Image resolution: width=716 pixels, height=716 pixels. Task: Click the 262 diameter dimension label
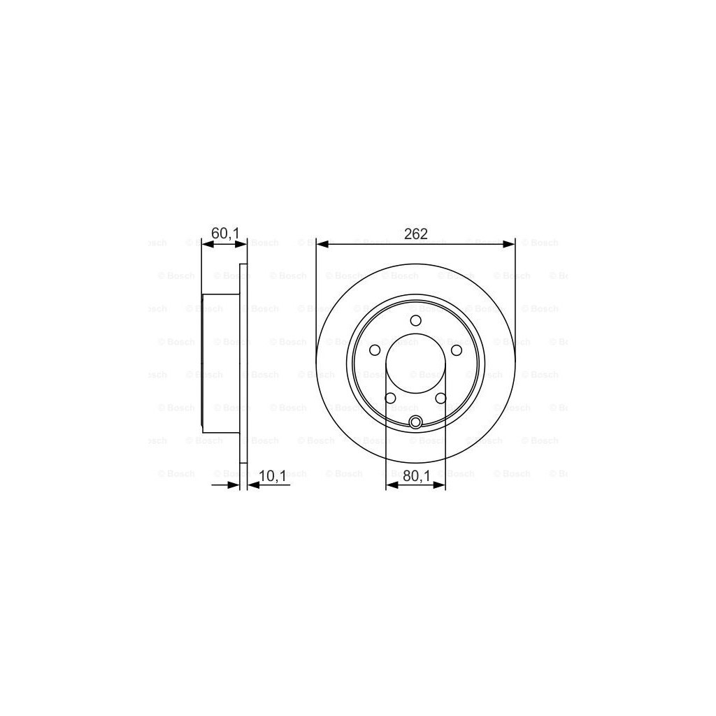pos(415,234)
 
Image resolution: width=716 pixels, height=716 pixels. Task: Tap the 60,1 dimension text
pos(225,234)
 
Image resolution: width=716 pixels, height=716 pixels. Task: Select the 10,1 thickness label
pos(272,476)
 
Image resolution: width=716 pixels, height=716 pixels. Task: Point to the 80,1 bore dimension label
pos(415,476)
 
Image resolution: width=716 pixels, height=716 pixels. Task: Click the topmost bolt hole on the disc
pos(415,321)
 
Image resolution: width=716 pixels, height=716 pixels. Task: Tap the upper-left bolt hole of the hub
pos(375,350)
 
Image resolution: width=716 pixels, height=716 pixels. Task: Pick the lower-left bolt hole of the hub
pos(390,398)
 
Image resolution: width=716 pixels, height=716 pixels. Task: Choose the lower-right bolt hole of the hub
pos(441,398)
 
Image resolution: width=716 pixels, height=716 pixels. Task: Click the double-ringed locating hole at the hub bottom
pos(415,422)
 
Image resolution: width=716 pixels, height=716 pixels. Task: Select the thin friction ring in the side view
pos(243,364)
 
